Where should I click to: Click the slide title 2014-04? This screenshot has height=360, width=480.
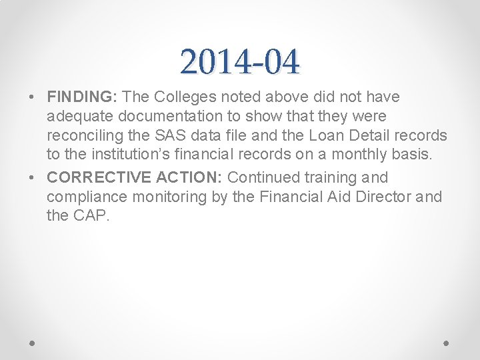pos(240,62)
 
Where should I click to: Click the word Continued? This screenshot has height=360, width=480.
pos(264,177)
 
